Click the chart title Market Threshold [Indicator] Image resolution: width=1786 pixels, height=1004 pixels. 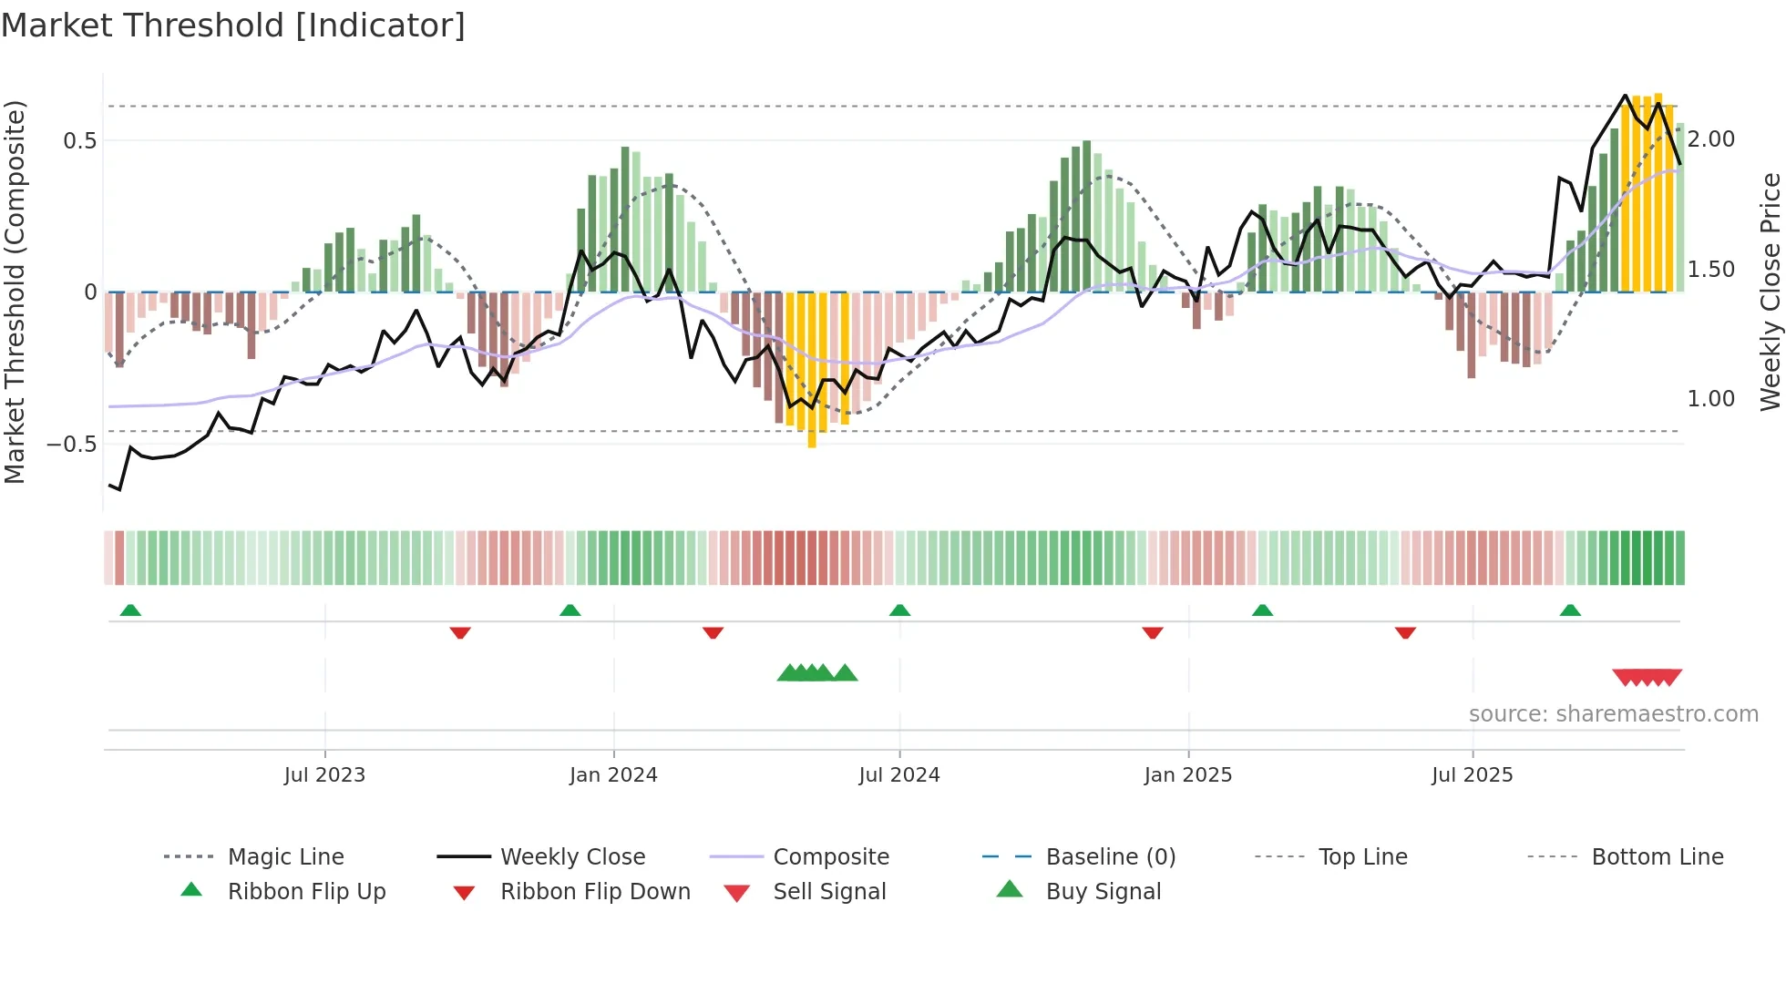tap(233, 26)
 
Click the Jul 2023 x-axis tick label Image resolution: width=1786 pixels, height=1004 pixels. tap(324, 775)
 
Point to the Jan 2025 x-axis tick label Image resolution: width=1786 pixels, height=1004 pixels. tap(1187, 775)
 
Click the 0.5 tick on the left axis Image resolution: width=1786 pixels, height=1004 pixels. tap(79, 140)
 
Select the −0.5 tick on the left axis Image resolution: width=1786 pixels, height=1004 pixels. tap(72, 444)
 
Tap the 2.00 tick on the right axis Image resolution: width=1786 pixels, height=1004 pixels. tap(1710, 139)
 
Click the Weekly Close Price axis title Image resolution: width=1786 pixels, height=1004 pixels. tap(1770, 292)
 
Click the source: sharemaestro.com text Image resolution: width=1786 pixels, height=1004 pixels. tap(1613, 714)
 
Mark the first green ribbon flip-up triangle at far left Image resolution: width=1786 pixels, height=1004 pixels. tap(130, 610)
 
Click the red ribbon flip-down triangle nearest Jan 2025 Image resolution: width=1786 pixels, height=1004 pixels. tap(1153, 632)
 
